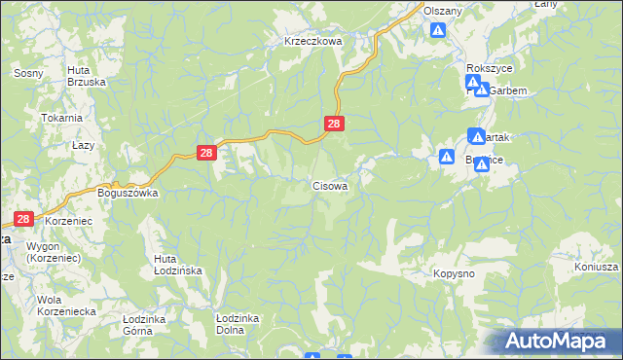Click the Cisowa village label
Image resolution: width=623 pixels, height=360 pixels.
click(330, 185)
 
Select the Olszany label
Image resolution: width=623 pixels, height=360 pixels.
click(443, 10)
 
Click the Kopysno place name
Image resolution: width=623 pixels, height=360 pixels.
click(454, 274)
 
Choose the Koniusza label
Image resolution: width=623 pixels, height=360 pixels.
click(597, 269)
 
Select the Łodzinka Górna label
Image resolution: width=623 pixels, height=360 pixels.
click(146, 323)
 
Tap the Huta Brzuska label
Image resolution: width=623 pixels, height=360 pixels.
click(86, 76)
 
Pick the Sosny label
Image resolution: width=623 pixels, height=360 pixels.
click(25, 73)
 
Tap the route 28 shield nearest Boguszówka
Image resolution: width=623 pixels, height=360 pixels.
click(205, 153)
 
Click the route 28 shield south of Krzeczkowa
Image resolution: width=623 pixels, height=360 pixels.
click(334, 124)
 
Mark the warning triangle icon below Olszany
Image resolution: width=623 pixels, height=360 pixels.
click(439, 30)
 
